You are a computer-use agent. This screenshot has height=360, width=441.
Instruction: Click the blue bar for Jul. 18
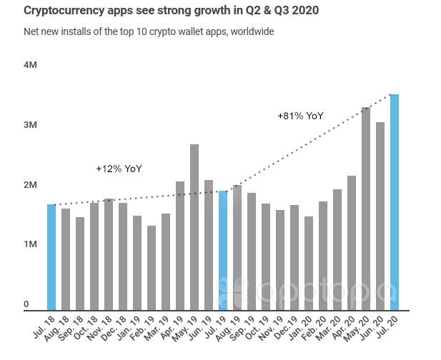click(x=51, y=257)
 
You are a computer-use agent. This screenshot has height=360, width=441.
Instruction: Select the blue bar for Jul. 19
click(x=223, y=250)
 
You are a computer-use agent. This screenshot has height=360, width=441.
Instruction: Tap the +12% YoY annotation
click(x=119, y=169)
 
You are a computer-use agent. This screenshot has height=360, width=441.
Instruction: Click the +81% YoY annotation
click(x=300, y=116)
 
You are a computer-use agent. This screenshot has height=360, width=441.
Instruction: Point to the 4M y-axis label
click(x=30, y=64)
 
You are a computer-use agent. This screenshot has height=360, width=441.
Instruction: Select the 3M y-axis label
click(x=30, y=125)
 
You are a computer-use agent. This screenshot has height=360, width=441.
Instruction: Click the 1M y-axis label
click(x=30, y=244)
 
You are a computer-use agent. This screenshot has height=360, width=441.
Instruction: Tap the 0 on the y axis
click(x=26, y=305)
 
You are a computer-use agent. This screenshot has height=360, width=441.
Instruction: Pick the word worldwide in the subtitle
click(x=251, y=31)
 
